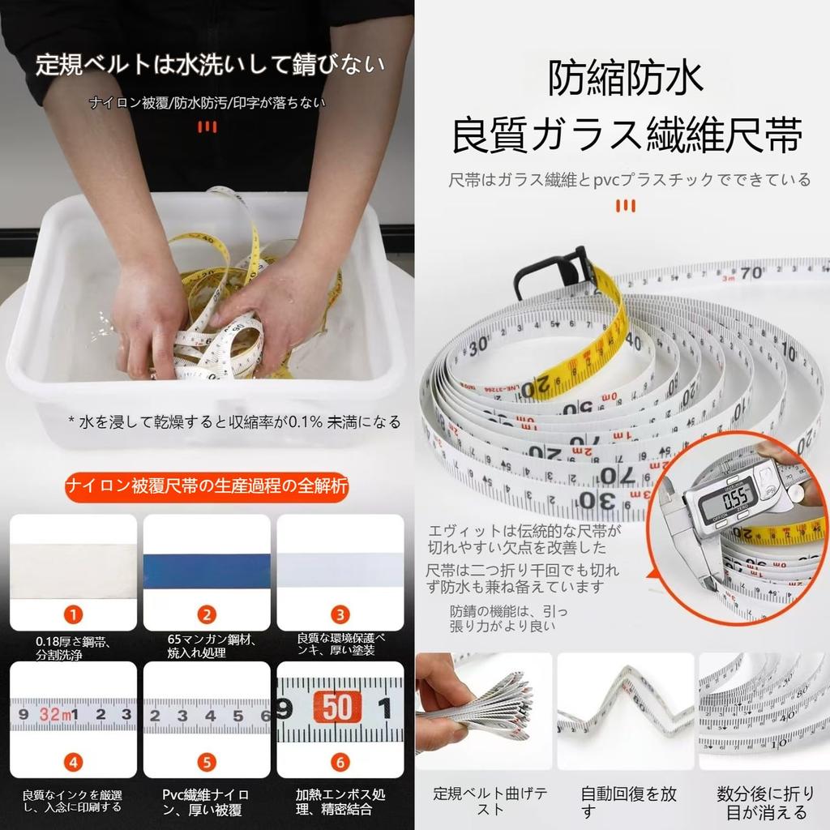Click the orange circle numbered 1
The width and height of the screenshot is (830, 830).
pyautogui.click(x=73, y=614)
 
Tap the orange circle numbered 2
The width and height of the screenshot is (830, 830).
pyautogui.click(x=207, y=614)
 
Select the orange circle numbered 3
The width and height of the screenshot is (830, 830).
pyautogui.click(x=340, y=614)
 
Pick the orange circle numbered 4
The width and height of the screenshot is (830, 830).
pyautogui.click(x=73, y=762)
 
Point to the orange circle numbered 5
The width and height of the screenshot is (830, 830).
pyautogui.click(x=207, y=762)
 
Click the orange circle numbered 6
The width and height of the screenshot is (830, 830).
pyautogui.click(x=340, y=762)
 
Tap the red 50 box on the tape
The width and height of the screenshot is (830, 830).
pyautogui.click(x=335, y=708)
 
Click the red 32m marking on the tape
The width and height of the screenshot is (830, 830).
pyautogui.click(x=55, y=714)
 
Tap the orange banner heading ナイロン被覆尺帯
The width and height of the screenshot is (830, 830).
pyautogui.click(x=207, y=487)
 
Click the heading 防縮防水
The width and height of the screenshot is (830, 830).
pyautogui.click(x=625, y=79)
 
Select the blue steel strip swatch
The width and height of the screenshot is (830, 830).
pyautogui.click(x=207, y=565)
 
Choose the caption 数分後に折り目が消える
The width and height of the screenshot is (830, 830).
pyautogui.click(x=763, y=802)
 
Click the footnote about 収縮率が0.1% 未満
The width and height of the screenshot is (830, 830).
pyautogui.click(x=234, y=421)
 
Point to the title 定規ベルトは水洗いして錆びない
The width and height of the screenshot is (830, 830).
pyautogui.click(x=209, y=64)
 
